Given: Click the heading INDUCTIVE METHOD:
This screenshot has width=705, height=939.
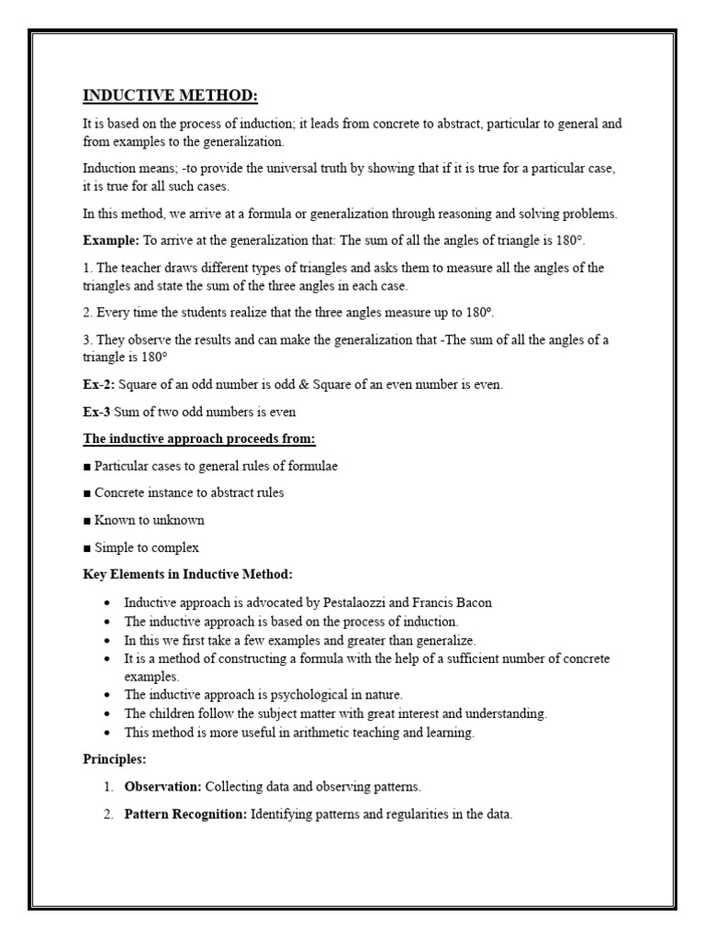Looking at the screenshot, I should point(164,96).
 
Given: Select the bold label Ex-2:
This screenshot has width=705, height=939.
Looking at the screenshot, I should point(99,385).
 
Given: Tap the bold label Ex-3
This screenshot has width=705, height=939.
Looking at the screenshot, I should point(97,412).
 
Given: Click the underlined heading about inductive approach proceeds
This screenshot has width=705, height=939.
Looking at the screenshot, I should point(199,438).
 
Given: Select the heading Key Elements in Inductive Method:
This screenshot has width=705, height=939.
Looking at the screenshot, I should point(188,574).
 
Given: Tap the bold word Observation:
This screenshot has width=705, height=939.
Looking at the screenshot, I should point(162,787).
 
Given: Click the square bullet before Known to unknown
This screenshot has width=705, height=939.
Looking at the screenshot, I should point(87,520).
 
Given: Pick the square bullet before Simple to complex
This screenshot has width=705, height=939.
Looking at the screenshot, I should point(87,547).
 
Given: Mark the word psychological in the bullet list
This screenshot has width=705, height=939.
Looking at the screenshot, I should point(294,694).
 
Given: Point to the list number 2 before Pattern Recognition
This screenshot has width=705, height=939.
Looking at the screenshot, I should point(107,813).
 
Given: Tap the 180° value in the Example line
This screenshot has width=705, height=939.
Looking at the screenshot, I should point(566,240).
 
